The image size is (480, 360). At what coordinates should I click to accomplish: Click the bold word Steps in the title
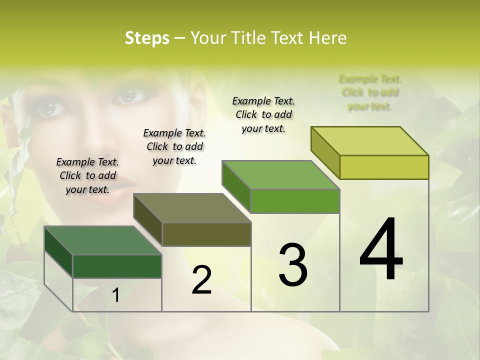pos(147,38)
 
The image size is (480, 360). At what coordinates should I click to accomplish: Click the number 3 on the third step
pos(292,264)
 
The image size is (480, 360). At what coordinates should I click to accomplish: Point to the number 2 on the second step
pos(201,280)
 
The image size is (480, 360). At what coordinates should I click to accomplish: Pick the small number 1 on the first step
pos(115,295)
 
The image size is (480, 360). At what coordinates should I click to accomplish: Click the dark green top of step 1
pos(102,240)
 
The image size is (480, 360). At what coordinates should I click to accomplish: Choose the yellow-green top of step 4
pos(369,141)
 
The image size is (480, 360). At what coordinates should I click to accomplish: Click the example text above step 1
pos(87,175)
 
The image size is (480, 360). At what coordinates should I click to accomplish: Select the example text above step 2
pos(174,146)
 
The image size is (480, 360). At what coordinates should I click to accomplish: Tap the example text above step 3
pos(263,114)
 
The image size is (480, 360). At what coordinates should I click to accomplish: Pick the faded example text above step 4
pos(370,92)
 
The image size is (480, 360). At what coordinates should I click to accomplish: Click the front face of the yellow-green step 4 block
pos(384,167)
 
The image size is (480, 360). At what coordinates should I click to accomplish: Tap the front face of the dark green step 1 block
pos(117,266)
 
